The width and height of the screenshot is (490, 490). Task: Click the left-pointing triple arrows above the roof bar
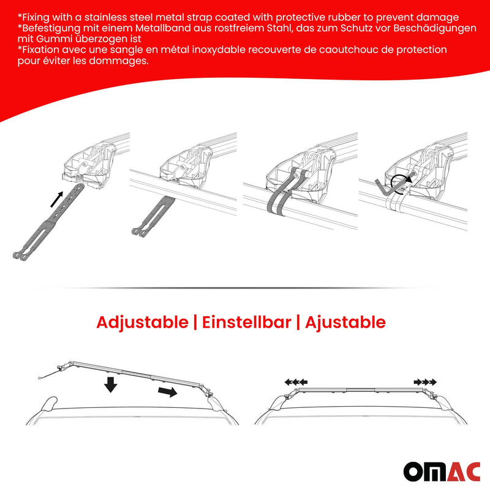296,382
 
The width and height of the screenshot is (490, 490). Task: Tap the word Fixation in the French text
41,50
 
